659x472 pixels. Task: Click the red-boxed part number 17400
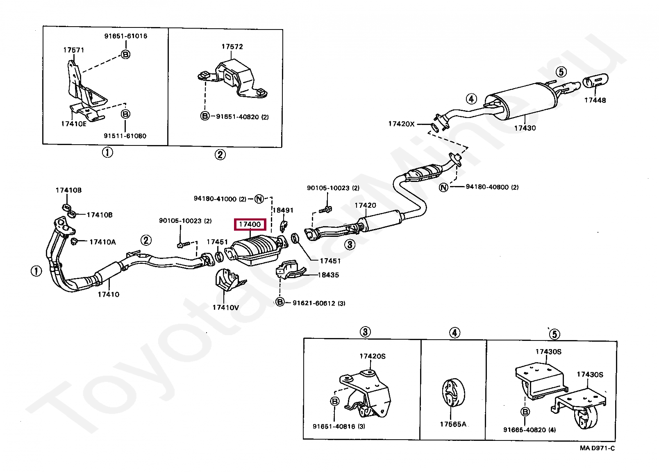coord(250,225)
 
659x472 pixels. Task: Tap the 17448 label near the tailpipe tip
coord(595,100)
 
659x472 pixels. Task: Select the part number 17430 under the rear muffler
coord(525,128)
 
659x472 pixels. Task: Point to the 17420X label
coord(401,124)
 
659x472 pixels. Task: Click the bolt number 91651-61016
coord(125,36)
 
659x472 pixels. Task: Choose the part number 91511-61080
coord(125,136)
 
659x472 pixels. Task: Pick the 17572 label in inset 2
coord(232,47)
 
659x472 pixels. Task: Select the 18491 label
coord(283,210)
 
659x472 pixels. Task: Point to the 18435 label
coord(329,275)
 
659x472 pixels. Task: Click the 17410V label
coord(225,307)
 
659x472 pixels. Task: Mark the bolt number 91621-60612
coord(314,303)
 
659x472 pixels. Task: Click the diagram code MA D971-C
coord(597,448)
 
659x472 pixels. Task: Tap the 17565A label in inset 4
coord(453,424)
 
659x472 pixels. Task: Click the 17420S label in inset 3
coord(372,356)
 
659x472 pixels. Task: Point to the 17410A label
coord(102,242)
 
